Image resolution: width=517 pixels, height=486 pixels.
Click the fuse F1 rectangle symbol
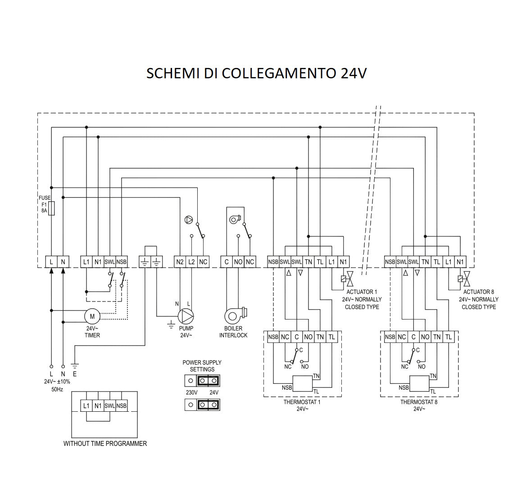click(x=51, y=208)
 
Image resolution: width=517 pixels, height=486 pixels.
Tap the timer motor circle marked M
click(x=92, y=316)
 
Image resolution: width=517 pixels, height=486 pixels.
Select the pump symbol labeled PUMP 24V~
click(x=185, y=316)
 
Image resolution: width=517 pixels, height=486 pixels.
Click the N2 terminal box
click(x=180, y=262)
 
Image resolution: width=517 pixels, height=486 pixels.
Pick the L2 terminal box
click(x=191, y=262)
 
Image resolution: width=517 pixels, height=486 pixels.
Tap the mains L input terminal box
click(x=51, y=262)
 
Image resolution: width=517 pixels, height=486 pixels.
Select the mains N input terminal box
click(x=63, y=262)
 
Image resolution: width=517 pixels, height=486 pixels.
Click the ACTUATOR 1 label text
click(x=362, y=292)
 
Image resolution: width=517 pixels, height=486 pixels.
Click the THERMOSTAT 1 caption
click(x=302, y=402)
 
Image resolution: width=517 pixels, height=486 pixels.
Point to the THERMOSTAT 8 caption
click(x=419, y=402)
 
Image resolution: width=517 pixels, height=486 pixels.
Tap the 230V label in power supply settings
click(x=192, y=392)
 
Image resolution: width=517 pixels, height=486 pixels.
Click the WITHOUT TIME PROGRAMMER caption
click(x=105, y=444)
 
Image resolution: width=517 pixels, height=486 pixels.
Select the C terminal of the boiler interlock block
click(x=227, y=262)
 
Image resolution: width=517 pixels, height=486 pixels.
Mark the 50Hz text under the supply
click(x=57, y=389)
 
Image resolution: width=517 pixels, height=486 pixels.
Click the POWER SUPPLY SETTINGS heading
click(x=202, y=366)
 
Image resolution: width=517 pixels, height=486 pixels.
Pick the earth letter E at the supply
click(x=75, y=374)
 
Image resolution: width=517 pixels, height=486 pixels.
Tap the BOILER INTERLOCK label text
click(x=233, y=332)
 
